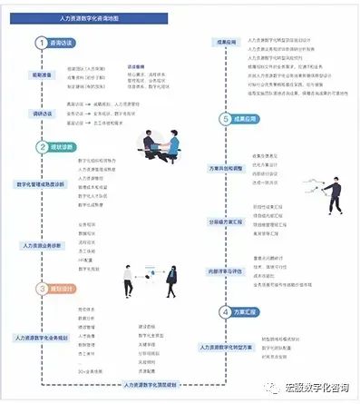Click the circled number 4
coord(225,312)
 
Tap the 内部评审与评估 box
coord(227,270)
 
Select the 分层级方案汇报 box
coord(227,221)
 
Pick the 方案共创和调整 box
coord(227,168)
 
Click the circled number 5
coord(225,119)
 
